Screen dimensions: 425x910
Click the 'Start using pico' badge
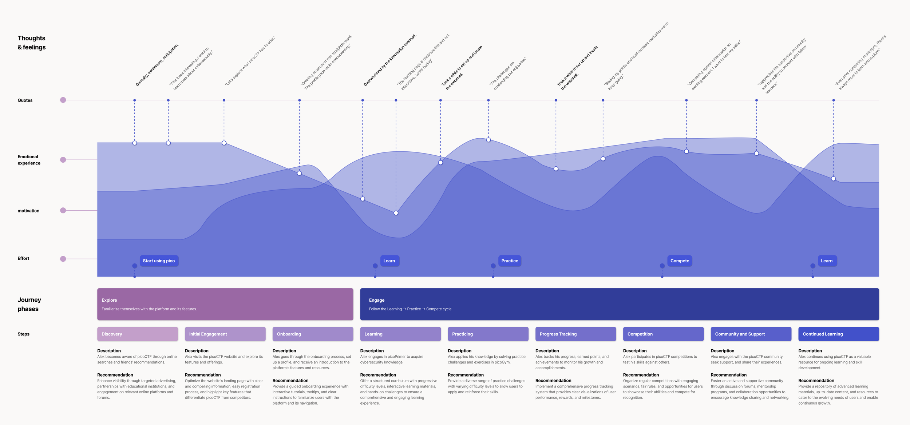click(x=159, y=261)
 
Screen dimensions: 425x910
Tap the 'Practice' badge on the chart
click(x=509, y=261)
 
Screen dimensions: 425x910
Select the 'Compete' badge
click(x=679, y=261)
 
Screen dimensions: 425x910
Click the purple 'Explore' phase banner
click(x=225, y=304)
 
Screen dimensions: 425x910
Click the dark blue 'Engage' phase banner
click(x=619, y=304)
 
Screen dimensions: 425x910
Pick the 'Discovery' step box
click(x=137, y=334)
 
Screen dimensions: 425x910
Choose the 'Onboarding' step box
click(x=313, y=334)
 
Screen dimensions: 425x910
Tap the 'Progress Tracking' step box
click(x=575, y=334)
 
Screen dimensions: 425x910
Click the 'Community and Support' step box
click(x=751, y=334)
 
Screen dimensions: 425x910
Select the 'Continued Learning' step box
click(x=838, y=334)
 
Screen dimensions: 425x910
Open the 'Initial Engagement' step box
click(x=225, y=334)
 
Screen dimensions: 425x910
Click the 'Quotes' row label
click(x=25, y=100)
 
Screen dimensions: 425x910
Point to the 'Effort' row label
click(x=23, y=258)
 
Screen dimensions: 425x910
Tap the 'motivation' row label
click(x=28, y=211)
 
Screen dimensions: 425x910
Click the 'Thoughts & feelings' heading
click(x=32, y=43)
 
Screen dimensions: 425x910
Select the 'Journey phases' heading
click(x=29, y=304)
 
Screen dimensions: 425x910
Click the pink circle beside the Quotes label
click(x=63, y=100)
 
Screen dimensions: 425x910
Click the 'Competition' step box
click(x=663, y=334)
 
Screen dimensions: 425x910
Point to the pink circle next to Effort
click(x=63, y=259)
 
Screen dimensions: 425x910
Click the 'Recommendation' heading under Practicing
click(x=466, y=375)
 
